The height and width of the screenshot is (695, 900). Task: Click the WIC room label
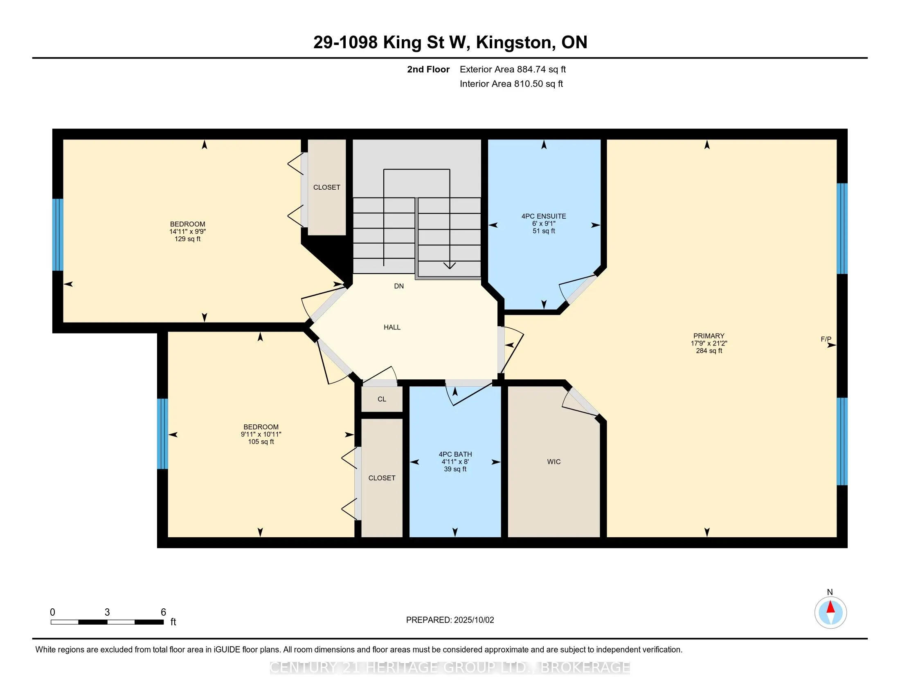554,462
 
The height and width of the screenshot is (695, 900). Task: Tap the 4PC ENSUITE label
544,216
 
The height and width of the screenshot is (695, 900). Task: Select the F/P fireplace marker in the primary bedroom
826,339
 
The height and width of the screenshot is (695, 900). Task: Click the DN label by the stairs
399,286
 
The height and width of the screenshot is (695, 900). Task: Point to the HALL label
392,327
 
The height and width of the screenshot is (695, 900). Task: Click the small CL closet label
382,399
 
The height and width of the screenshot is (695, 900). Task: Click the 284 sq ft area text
709,351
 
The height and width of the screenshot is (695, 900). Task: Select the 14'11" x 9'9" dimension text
187,231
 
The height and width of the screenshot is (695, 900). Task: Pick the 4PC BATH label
455,454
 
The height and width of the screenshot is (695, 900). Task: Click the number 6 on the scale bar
163,612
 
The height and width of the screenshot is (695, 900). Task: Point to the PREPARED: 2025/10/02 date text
450,620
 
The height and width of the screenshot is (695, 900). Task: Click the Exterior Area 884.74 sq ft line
513,69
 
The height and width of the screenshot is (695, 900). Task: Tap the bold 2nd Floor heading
428,69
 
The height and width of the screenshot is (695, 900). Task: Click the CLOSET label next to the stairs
327,187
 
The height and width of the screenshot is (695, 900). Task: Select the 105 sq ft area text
261,442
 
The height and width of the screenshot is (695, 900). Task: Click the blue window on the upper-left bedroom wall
58,235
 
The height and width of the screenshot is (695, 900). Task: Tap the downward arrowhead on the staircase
450,266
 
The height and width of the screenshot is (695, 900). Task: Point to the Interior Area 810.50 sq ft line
511,83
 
